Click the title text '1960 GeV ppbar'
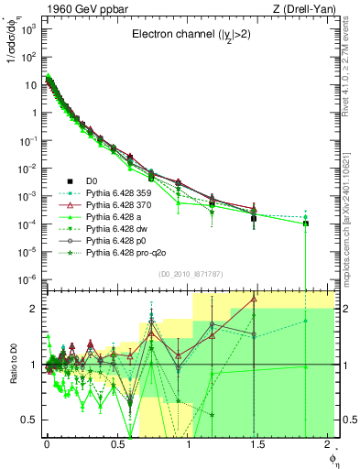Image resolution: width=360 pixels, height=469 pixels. click(x=75, y=8)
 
